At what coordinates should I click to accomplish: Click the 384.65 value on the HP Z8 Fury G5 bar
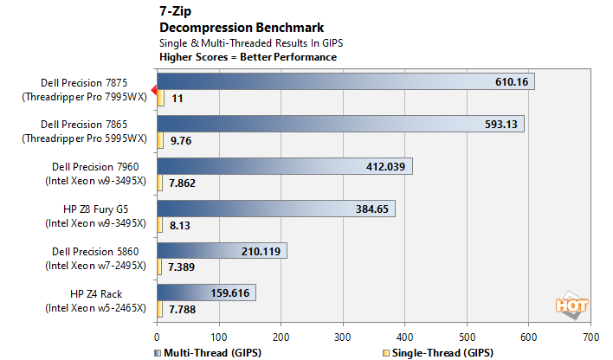[373, 209]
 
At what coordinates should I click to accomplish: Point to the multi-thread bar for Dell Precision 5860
[222, 251]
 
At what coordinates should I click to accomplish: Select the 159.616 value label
[229, 293]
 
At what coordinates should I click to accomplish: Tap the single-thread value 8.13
[181, 225]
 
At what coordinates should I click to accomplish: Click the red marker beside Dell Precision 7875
[153, 89]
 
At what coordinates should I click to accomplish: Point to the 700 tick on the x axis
[590, 336]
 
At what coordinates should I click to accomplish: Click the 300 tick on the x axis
[343, 336]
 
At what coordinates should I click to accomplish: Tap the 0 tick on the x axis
[157, 336]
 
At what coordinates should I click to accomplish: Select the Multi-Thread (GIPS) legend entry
[208, 352]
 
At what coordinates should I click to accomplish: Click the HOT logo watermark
[571, 305]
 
